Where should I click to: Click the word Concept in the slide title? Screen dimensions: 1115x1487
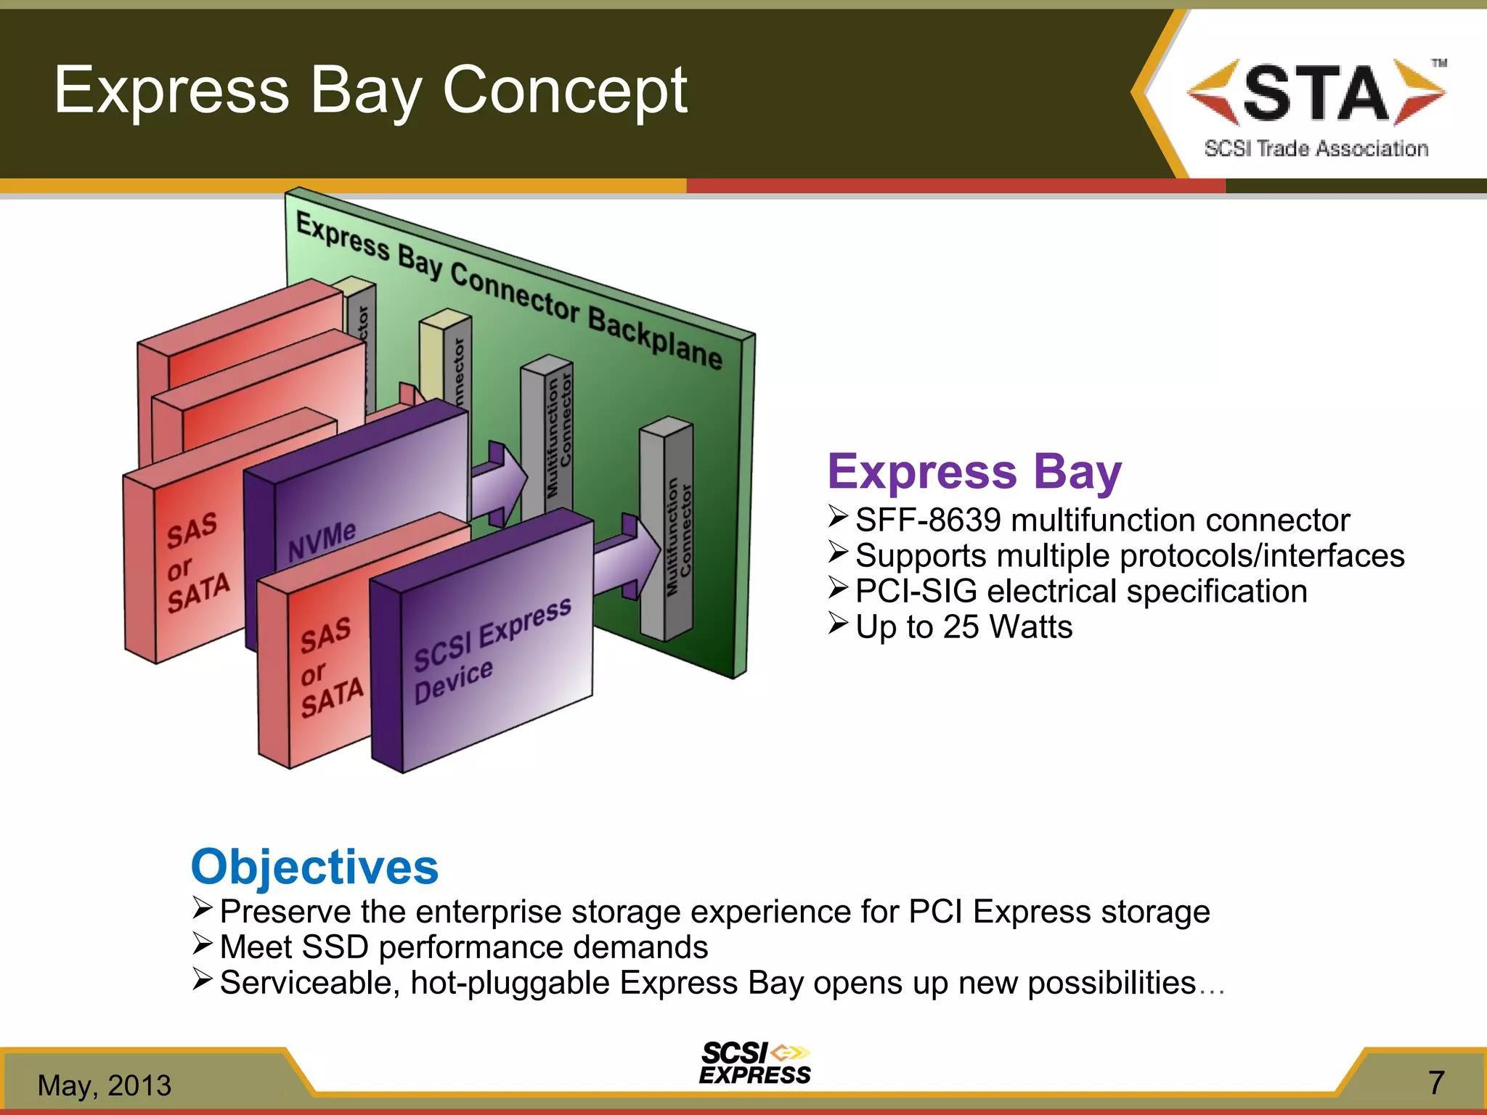[x=565, y=90]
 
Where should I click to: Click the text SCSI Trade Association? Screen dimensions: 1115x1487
[x=1316, y=149]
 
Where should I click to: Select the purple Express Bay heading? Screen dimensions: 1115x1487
[x=974, y=472]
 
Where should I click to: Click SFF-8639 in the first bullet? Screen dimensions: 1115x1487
[x=928, y=520]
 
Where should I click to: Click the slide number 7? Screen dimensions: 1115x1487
[x=1436, y=1083]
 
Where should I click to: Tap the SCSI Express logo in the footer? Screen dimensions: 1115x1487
[x=754, y=1064]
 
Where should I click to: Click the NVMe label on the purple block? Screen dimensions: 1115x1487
[x=322, y=542]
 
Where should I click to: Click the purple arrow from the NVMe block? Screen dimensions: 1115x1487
[x=500, y=482]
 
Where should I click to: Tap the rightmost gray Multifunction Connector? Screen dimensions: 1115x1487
[x=667, y=530]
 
